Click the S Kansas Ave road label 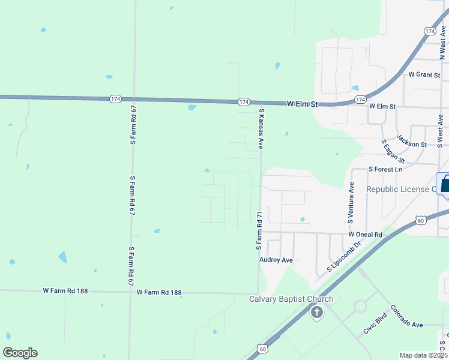tap(261, 128)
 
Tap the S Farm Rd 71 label tap(259, 230)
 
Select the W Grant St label tap(424, 75)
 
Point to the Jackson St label tap(412, 144)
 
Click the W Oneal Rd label tap(365, 235)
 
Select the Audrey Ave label tap(276, 260)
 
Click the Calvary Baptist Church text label tap(291, 299)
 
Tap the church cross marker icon tap(317, 312)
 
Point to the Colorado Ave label tap(406, 316)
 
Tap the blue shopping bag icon tap(445, 183)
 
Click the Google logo tap(20, 353)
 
